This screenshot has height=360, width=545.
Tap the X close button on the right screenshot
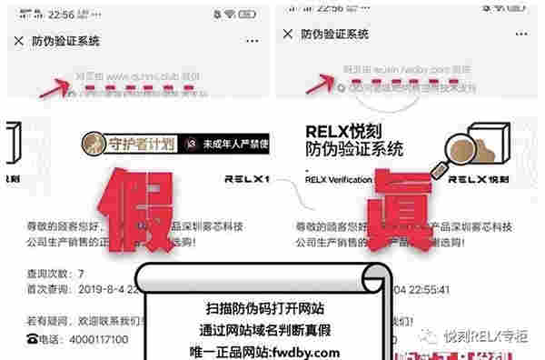click(288, 35)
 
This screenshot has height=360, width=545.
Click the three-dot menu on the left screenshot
click(248, 41)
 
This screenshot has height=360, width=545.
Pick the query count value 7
click(81, 273)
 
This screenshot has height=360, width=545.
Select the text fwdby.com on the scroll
click(313, 352)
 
